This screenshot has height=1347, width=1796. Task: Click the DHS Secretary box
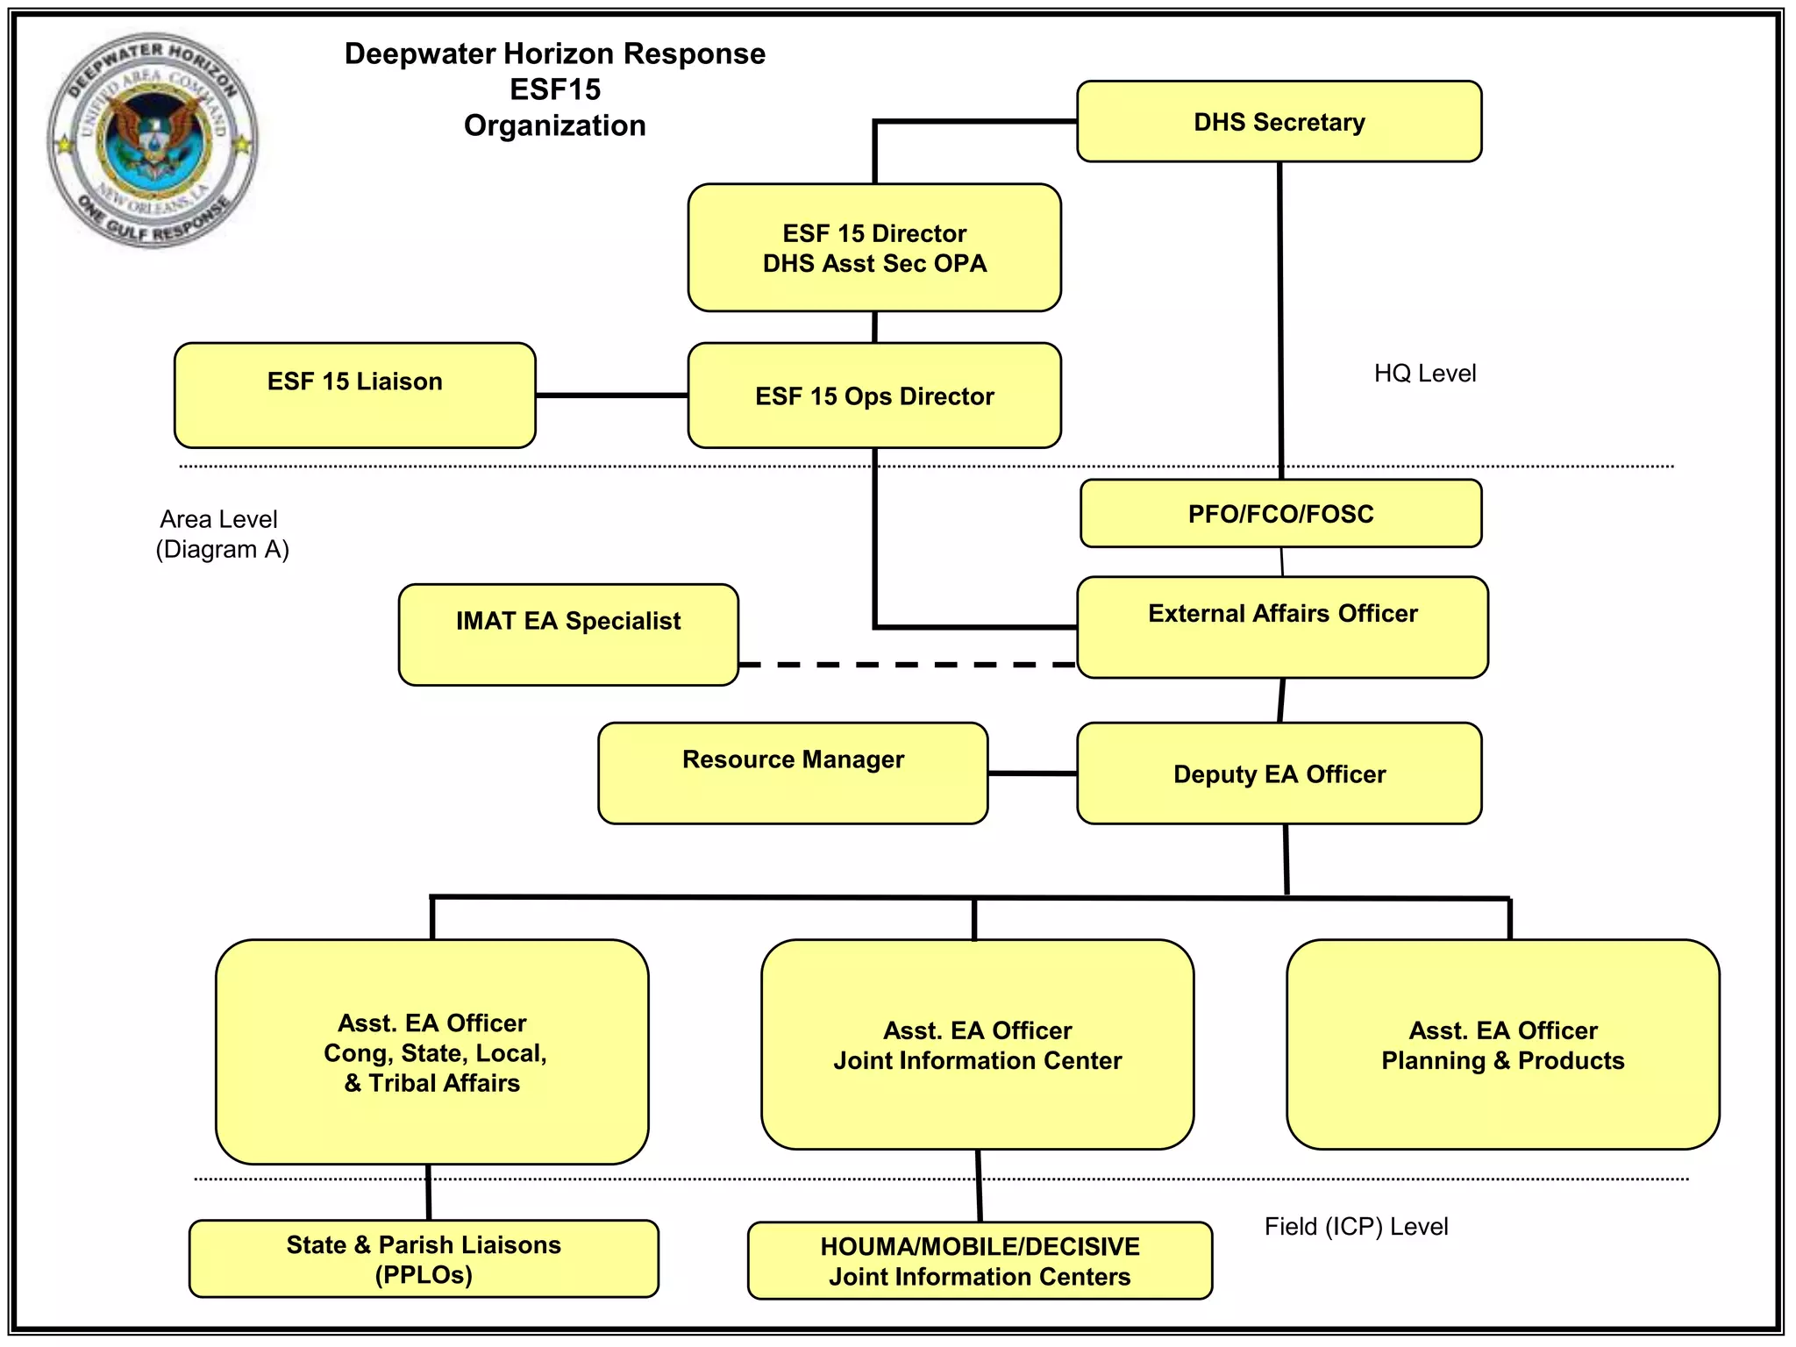point(1279,122)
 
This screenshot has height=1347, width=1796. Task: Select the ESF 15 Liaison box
point(354,396)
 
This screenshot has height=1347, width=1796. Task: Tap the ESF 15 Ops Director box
point(874,396)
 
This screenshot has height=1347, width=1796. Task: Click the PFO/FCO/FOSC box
point(1280,514)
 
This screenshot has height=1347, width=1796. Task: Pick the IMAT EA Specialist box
point(568,634)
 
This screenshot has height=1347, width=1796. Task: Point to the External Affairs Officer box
point(1282,626)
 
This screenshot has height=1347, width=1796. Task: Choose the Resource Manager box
point(793,773)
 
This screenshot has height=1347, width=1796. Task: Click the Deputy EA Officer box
point(1279,773)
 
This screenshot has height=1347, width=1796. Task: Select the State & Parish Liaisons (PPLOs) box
point(424,1258)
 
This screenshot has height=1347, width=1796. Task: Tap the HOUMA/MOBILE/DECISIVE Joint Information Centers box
point(980,1260)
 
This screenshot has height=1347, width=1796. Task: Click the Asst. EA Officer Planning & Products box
point(1502,1044)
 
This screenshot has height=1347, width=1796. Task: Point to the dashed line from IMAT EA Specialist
point(907,665)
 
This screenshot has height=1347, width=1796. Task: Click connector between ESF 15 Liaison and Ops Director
point(611,396)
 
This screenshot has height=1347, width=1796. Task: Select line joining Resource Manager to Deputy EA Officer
point(1032,773)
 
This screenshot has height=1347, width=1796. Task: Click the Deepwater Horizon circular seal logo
point(153,140)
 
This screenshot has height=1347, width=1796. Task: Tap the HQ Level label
point(1424,374)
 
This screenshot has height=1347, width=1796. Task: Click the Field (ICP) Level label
point(1356,1226)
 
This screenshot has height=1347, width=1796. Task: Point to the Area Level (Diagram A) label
point(222,534)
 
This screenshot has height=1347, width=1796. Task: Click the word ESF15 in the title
point(555,89)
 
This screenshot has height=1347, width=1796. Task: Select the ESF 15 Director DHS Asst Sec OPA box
point(874,248)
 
